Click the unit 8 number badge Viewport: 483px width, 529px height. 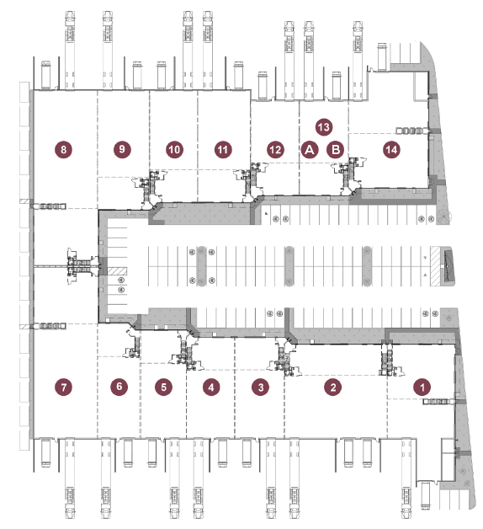(64, 149)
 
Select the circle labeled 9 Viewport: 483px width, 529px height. (122, 149)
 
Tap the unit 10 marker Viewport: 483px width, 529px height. (174, 149)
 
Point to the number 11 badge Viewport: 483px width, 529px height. (223, 149)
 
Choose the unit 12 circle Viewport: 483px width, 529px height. (275, 150)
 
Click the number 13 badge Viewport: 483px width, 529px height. (324, 127)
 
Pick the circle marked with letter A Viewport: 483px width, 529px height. (310, 149)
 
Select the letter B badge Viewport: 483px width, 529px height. (336, 149)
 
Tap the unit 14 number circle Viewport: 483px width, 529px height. (391, 149)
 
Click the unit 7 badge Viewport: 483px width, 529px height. (64, 387)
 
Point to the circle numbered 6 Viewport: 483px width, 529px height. (119, 387)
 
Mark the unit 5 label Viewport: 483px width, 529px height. (163, 387)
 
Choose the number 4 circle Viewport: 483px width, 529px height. (211, 387)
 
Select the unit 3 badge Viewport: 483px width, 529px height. (261, 387)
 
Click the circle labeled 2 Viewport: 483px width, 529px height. (332, 387)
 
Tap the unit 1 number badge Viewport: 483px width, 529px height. (422, 387)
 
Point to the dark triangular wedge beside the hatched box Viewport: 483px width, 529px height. (448, 266)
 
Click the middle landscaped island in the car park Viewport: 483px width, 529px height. (289, 266)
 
